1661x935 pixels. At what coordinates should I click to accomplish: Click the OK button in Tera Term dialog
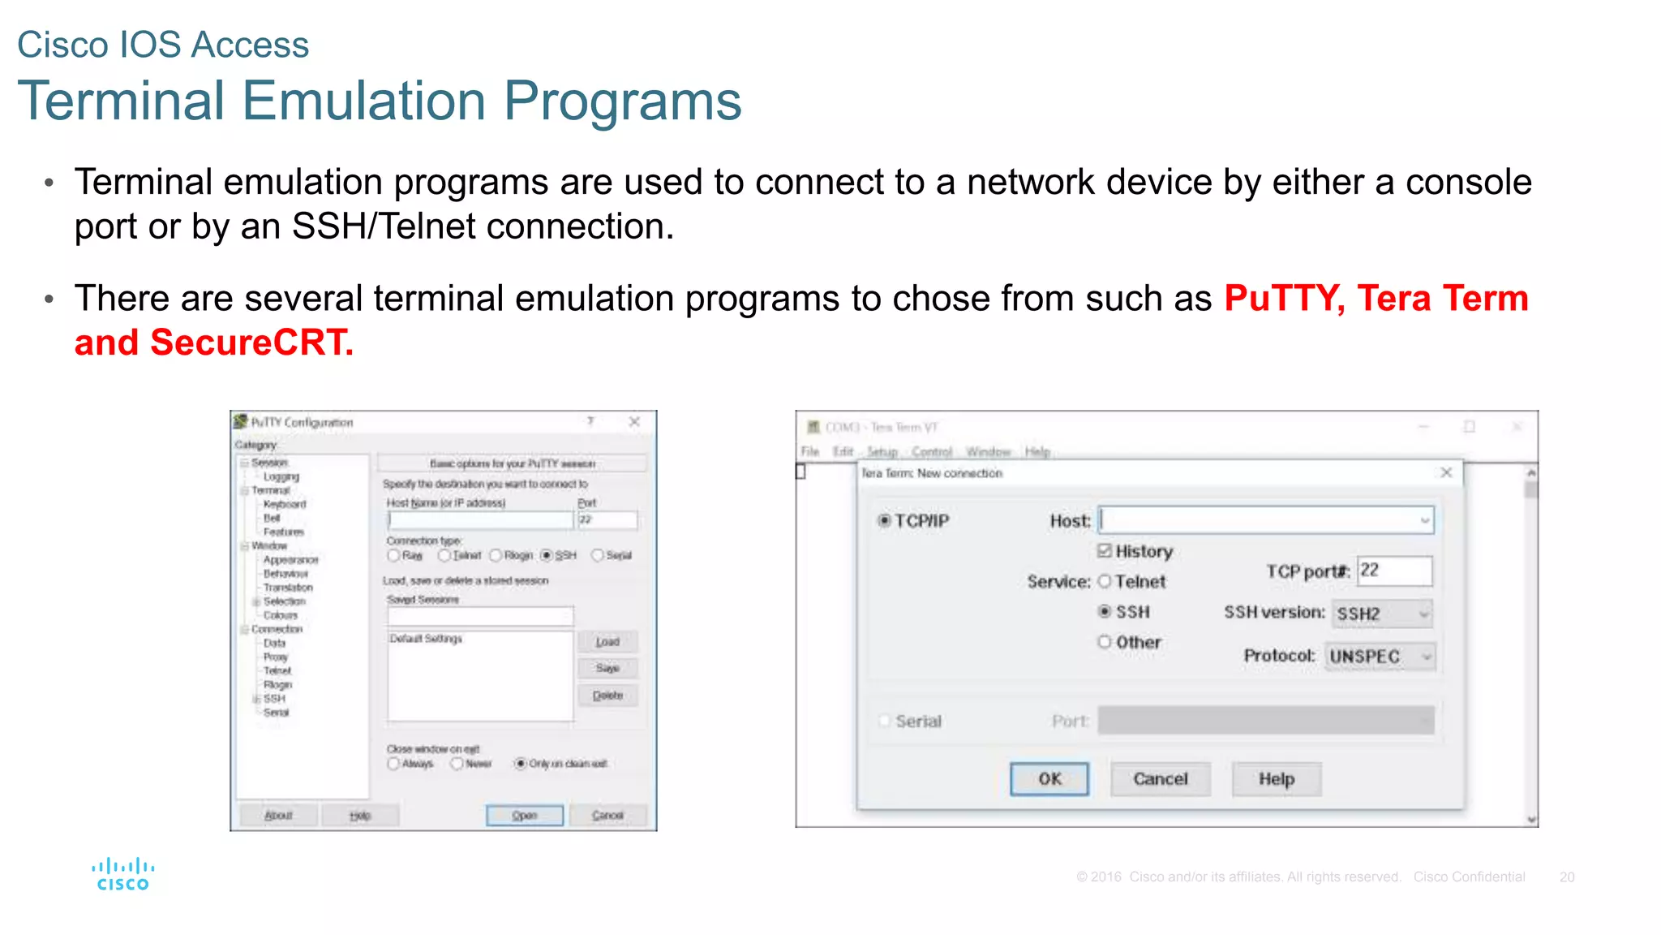[1049, 779]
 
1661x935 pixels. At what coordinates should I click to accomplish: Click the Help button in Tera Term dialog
[1276, 779]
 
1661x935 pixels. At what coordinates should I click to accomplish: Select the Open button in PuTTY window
[525, 815]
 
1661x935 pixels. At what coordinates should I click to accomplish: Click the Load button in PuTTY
[607, 642]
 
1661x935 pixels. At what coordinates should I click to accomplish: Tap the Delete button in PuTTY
[607, 696]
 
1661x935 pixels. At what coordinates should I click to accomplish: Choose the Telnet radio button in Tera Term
[1105, 581]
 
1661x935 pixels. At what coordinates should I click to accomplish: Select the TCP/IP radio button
[885, 520]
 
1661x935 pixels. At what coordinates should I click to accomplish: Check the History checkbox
[1105, 551]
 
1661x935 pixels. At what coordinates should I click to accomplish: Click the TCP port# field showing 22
[1394, 571]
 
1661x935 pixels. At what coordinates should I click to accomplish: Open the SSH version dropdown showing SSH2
[1382, 614]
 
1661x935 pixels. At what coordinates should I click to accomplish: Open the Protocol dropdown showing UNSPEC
[1380, 656]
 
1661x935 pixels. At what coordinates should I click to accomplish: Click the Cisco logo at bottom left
[122, 875]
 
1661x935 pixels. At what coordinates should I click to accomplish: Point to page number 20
[1566, 877]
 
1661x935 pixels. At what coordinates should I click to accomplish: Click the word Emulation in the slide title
[364, 101]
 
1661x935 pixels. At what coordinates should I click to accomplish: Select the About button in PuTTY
[278, 815]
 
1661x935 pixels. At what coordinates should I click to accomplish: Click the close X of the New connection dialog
[1445, 472]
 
